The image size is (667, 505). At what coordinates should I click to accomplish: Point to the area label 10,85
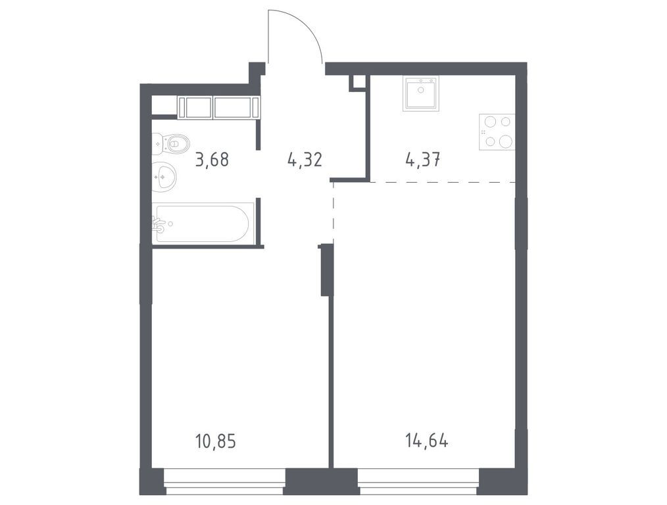[x=215, y=440]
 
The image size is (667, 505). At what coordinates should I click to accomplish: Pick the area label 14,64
[x=428, y=440]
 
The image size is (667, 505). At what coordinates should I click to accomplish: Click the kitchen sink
[x=420, y=93]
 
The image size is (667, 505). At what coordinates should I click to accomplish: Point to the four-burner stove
[x=497, y=132]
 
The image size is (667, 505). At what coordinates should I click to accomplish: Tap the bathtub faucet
[x=159, y=224]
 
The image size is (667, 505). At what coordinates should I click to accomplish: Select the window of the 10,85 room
[x=224, y=488]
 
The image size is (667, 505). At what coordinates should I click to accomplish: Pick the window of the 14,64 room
[x=418, y=488]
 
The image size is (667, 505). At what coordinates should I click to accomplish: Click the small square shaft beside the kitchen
[x=358, y=82]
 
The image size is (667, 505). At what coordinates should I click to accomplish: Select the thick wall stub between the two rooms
[x=324, y=270]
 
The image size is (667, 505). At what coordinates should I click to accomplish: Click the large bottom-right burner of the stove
[x=505, y=141]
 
